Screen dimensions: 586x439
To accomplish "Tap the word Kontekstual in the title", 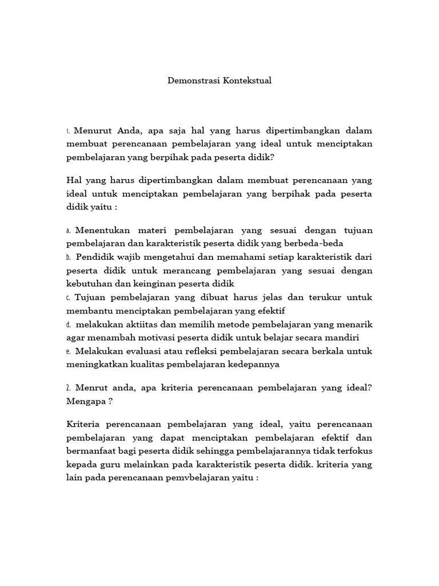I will click(246, 81).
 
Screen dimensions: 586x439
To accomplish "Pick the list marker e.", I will click(68, 351).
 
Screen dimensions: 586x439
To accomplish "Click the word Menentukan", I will click(101, 230).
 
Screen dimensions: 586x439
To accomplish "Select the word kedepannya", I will click(251, 364).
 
